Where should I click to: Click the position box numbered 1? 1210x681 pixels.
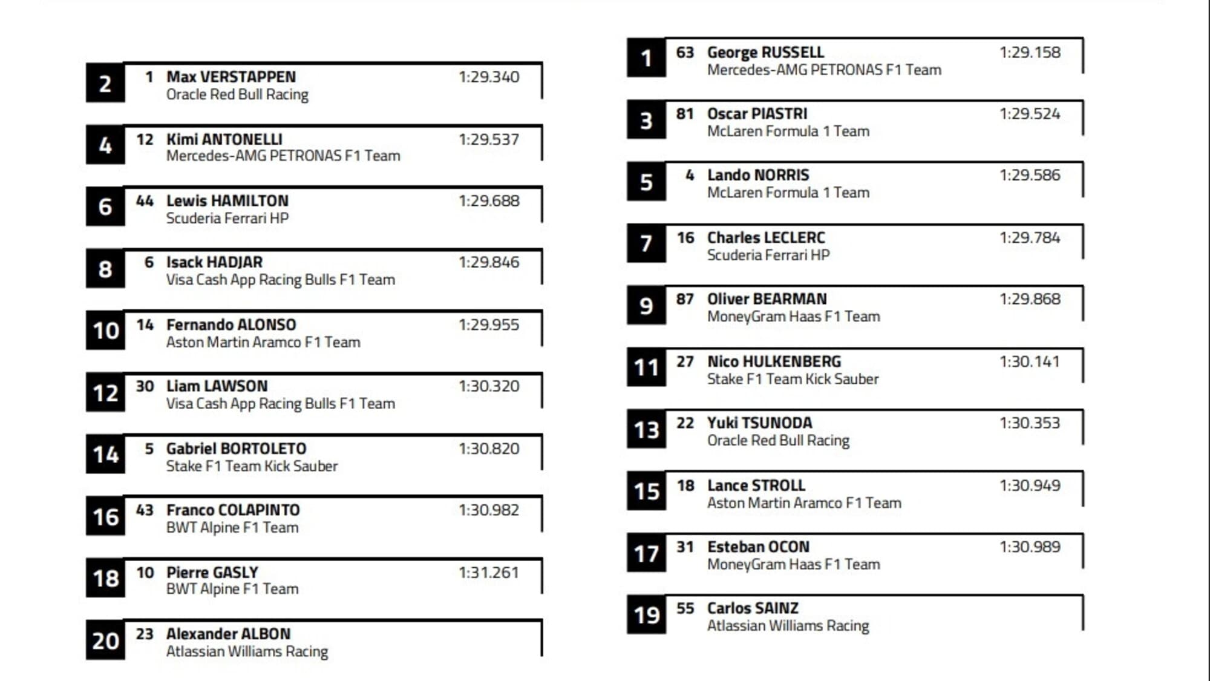coord(646,58)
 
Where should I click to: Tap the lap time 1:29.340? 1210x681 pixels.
coord(489,77)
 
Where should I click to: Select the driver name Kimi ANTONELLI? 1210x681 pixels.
coord(224,139)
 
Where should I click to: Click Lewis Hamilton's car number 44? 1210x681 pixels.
coord(145,200)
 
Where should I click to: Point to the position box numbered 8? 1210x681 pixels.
coord(105,269)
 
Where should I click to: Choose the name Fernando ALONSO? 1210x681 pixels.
coord(231,324)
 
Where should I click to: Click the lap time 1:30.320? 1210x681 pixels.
coord(489,386)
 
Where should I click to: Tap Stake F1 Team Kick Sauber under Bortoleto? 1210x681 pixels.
coord(252,466)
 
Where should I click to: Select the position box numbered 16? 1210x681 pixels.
coord(105,517)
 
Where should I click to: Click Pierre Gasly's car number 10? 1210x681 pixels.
coord(145,572)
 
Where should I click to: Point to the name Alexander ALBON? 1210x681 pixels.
coord(228,634)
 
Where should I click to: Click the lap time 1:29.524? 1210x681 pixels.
coord(1030,114)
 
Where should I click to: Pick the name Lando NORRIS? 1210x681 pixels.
coord(758,175)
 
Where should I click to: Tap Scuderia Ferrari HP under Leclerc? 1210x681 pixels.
coord(768,255)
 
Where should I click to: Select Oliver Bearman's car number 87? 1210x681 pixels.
coord(685,299)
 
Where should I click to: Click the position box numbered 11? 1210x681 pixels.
coord(646,367)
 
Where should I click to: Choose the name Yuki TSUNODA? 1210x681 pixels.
coord(759,423)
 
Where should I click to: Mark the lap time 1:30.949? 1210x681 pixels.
coord(1030,485)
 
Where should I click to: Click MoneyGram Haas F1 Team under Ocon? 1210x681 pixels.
coord(793,564)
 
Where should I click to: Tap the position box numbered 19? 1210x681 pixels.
coord(646,615)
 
